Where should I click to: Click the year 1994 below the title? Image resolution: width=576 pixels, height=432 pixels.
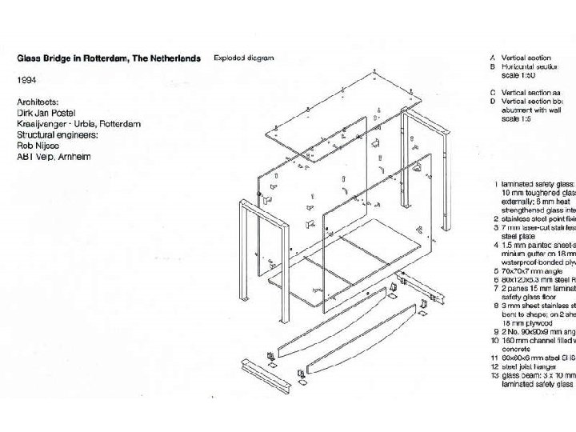[27, 81]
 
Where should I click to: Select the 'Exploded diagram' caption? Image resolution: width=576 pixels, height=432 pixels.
[243, 58]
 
